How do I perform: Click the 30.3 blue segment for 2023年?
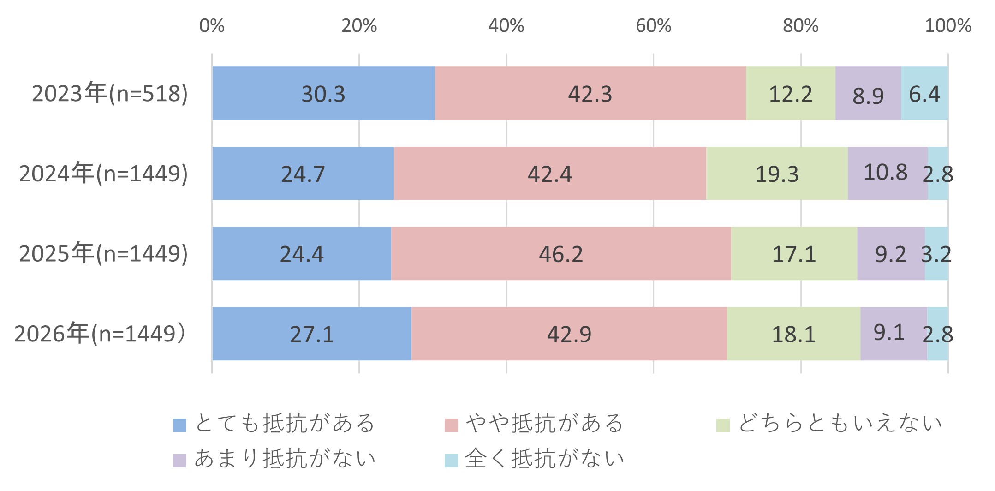pyautogui.click(x=323, y=94)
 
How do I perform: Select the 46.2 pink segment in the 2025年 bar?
pyautogui.click(x=561, y=254)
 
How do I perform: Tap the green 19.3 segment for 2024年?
pyautogui.click(x=777, y=174)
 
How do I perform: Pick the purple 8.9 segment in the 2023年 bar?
pyautogui.click(x=868, y=94)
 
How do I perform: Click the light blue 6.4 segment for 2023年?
pyautogui.click(x=924, y=94)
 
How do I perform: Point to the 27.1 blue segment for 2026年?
pyautogui.click(x=312, y=334)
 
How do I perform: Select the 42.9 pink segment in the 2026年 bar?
pyautogui.click(x=569, y=334)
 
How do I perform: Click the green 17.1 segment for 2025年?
pyautogui.click(x=794, y=254)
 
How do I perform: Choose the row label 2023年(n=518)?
pyautogui.click(x=110, y=94)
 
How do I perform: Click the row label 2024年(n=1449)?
pyautogui.click(x=103, y=174)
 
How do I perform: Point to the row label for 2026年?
pyautogui.click(x=101, y=334)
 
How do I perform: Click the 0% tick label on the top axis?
pyautogui.click(x=212, y=26)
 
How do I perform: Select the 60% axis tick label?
pyautogui.click(x=653, y=26)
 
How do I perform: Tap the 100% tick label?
pyautogui.click(x=948, y=26)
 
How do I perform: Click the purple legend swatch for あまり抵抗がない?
pyautogui.click(x=179, y=461)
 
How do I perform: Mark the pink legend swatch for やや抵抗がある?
pyautogui.click(x=451, y=425)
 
